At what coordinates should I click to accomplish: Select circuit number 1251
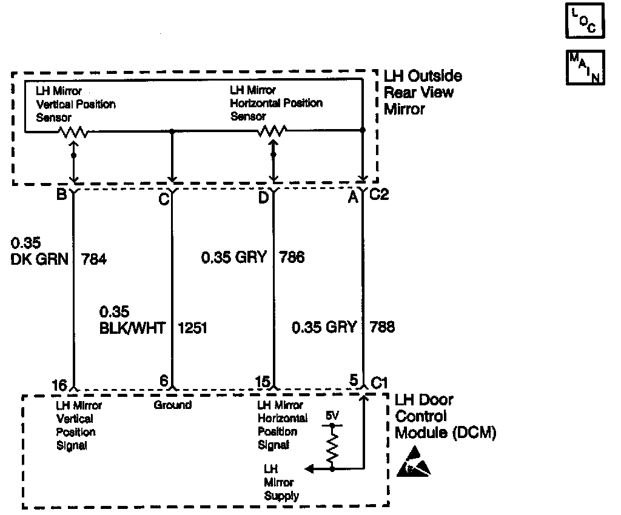pos(192,328)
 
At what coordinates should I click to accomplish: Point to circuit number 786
pos(292,257)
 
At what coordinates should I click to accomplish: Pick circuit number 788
pos(381,327)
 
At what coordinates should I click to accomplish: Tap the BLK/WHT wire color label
pos(132,328)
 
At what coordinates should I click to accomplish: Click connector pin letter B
pos(61,196)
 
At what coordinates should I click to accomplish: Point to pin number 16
pos(59,384)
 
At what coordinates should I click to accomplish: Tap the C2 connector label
pos(379,196)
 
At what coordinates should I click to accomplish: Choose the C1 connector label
pos(379,383)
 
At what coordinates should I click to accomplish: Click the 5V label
pos(333,417)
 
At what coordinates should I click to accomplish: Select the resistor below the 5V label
pos(332,446)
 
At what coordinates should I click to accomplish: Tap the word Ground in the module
pos(173,405)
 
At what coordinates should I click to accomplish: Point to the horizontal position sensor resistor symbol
pos(272,130)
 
